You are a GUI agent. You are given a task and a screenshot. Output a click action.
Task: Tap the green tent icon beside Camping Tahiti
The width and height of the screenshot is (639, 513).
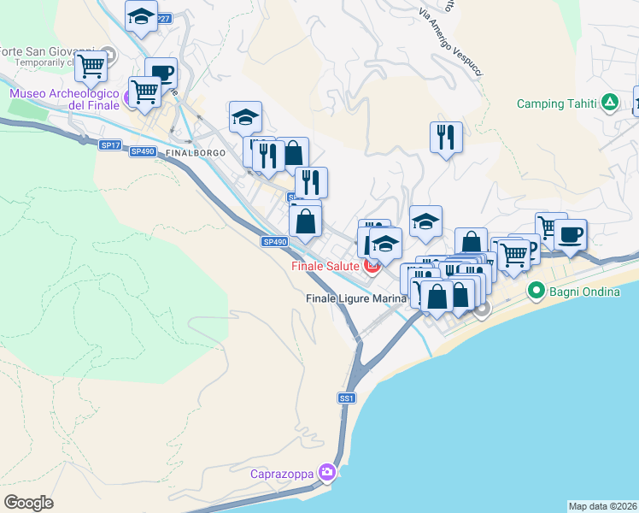click(609, 103)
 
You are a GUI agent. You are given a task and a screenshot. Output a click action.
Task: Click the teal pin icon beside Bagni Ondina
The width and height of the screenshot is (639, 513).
click(536, 291)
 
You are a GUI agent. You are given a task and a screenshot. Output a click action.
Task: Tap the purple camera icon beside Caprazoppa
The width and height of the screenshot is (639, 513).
click(326, 472)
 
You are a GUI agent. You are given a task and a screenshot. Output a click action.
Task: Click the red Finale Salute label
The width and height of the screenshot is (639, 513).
click(325, 266)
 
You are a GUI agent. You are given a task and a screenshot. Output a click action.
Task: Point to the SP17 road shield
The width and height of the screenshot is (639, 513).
click(109, 145)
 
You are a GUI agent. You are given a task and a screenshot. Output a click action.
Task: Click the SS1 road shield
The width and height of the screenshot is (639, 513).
click(346, 398)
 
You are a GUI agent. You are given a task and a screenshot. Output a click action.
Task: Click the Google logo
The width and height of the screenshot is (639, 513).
click(28, 502)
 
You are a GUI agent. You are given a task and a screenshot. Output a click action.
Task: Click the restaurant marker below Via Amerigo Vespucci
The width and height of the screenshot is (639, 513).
click(446, 136)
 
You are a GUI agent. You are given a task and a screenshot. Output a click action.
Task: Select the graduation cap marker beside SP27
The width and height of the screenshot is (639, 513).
click(142, 15)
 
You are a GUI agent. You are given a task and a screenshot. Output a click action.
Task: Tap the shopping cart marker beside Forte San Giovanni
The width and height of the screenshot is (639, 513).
click(91, 64)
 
